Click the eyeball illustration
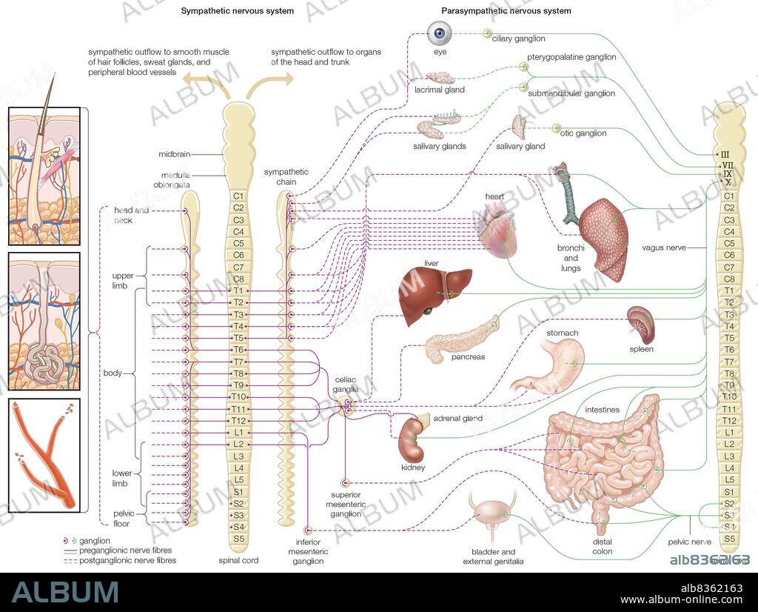tap(441, 33)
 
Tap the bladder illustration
tap(491, 516)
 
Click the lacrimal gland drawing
tap(445, 78)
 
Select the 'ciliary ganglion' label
tap(518, 39)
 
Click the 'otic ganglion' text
tap(583, 133)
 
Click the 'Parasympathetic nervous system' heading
tap(506, 11)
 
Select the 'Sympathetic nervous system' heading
tap(238, 11)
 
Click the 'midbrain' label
tap(175, 154)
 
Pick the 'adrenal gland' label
tap(459, 419)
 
